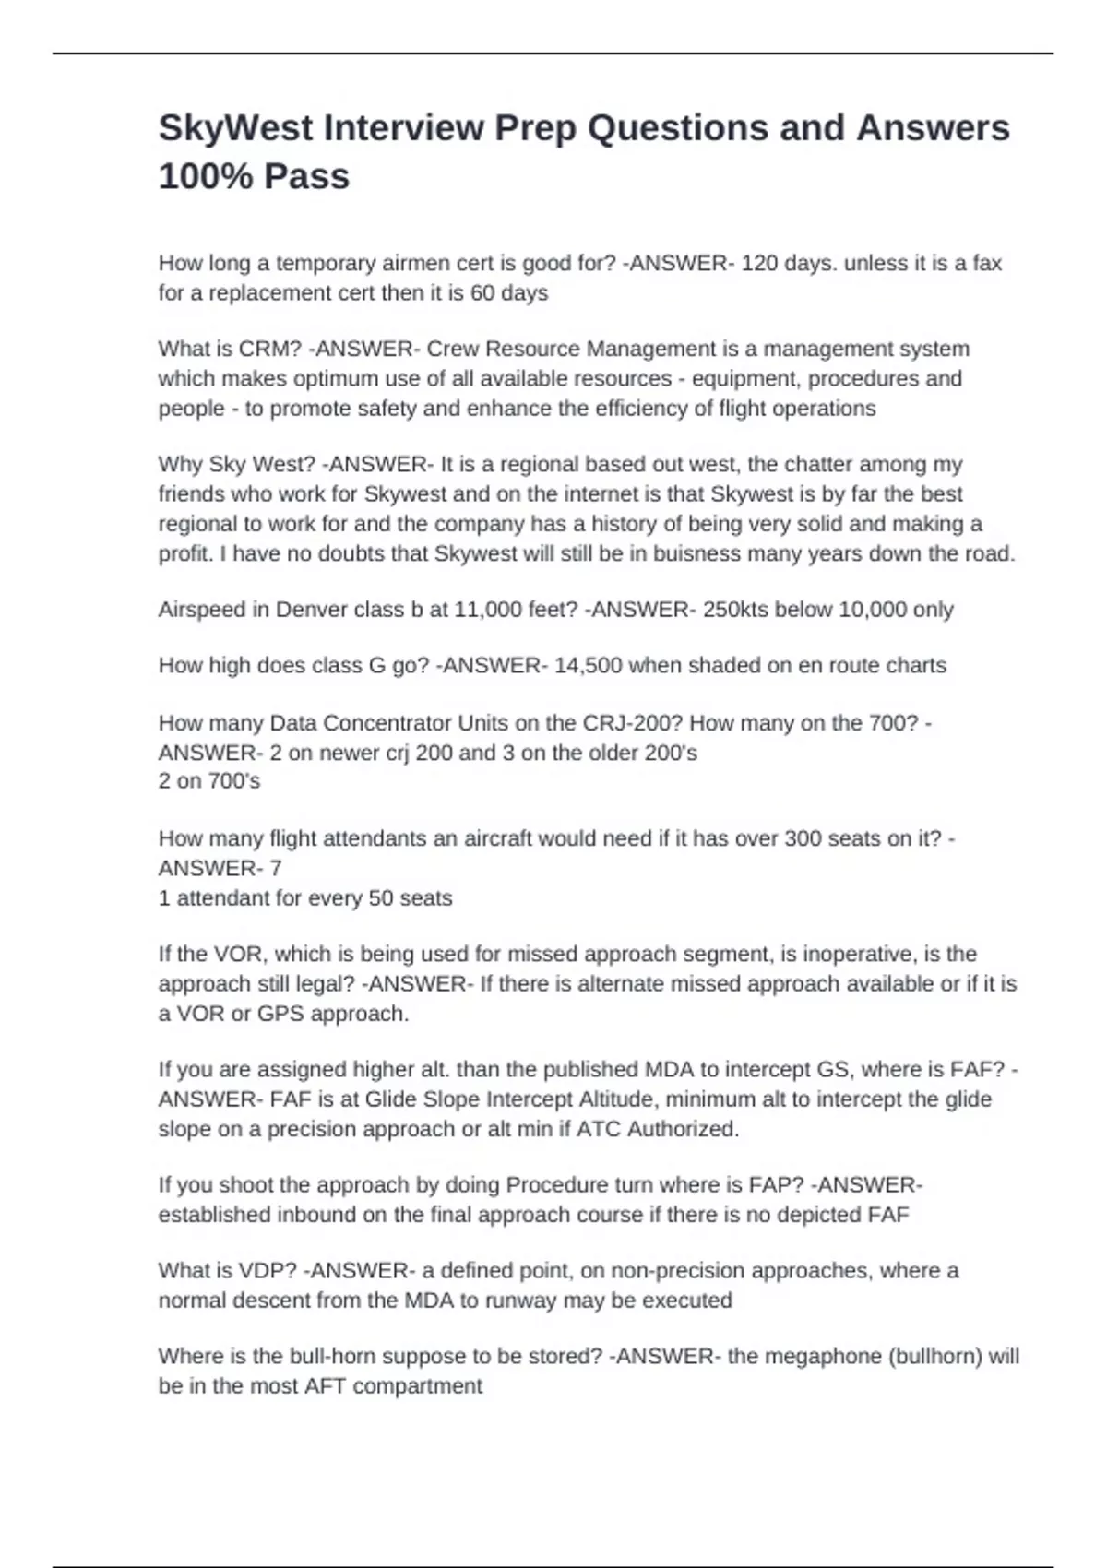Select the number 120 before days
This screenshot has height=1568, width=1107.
tap(759, 264)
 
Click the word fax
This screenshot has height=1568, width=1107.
tap(986, 264)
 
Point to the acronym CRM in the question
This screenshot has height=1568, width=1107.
tap(266, 350)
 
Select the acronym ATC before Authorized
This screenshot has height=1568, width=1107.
tap(599, 1129)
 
